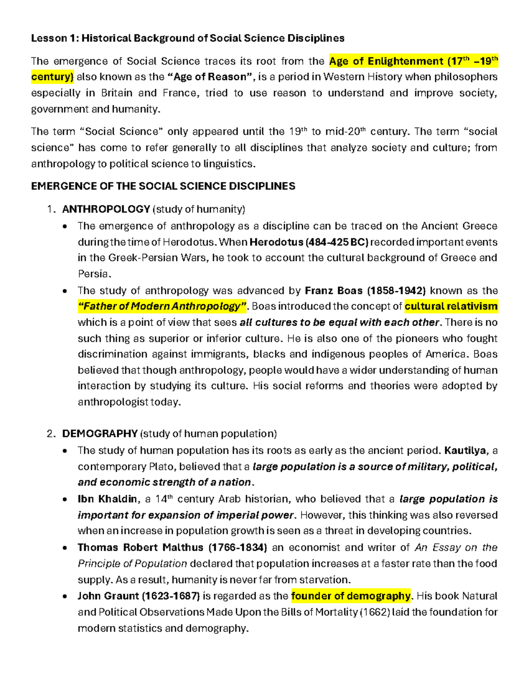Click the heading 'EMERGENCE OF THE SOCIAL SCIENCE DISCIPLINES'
click(163, 186)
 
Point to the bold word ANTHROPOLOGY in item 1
click(106, 209)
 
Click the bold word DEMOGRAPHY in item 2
click(100, 434)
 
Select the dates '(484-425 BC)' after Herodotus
click(337, 242)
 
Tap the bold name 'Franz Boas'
click(333, 291)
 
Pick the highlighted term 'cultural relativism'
click(451, 307)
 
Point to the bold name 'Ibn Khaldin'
click(108, 499)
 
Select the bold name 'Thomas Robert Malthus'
click(140, 547)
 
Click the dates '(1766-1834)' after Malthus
click(238, 547)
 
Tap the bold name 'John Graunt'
click(108, 596)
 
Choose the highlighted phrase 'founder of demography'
click(350, 596)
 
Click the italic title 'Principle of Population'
click(132, 564)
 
